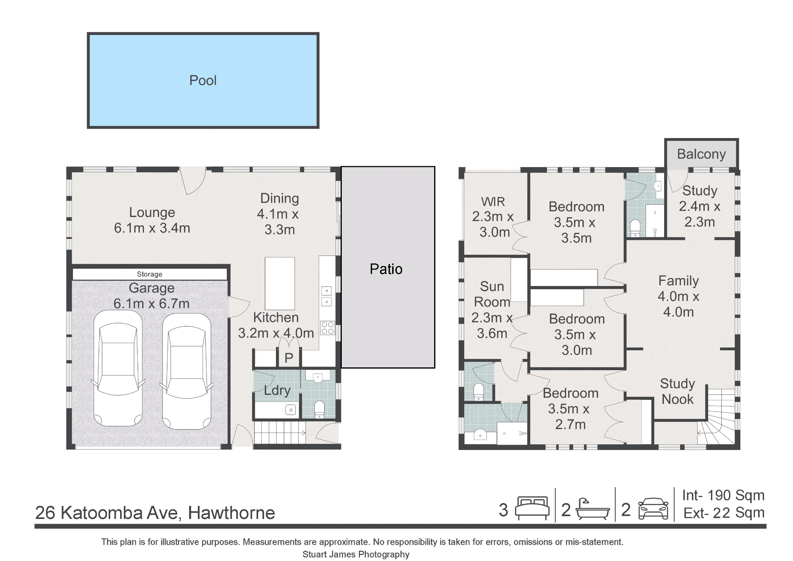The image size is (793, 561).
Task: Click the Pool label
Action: click(203, 81)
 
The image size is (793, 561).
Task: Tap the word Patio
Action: click(386, 269)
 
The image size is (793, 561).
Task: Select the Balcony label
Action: click(701, 154)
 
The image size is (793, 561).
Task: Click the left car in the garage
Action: click(118, 368)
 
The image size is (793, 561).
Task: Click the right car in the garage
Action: click(186, 371)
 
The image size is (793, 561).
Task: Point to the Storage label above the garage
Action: click(149, 274)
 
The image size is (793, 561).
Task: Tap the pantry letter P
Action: click(289, 358)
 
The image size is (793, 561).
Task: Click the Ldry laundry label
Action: click(277, 390)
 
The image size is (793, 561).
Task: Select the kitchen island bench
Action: click(280, 283)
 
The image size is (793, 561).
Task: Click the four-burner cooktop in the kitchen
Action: click(328, 328)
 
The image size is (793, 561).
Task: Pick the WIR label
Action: click(493, 202)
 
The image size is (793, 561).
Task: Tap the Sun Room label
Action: click(492, 294)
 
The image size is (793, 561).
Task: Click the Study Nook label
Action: click(678, 391)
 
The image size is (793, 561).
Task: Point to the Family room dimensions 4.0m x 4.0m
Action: click(678, 304)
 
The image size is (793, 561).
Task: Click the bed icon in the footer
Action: click(532, 508)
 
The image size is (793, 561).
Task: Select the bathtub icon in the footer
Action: click(592, 509)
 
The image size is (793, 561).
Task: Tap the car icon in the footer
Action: click(653, 509)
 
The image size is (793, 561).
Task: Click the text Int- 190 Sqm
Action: click(723, 495)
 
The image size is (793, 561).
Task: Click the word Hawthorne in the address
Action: click(232, 513)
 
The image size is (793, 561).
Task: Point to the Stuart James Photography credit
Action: click(356, 554)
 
